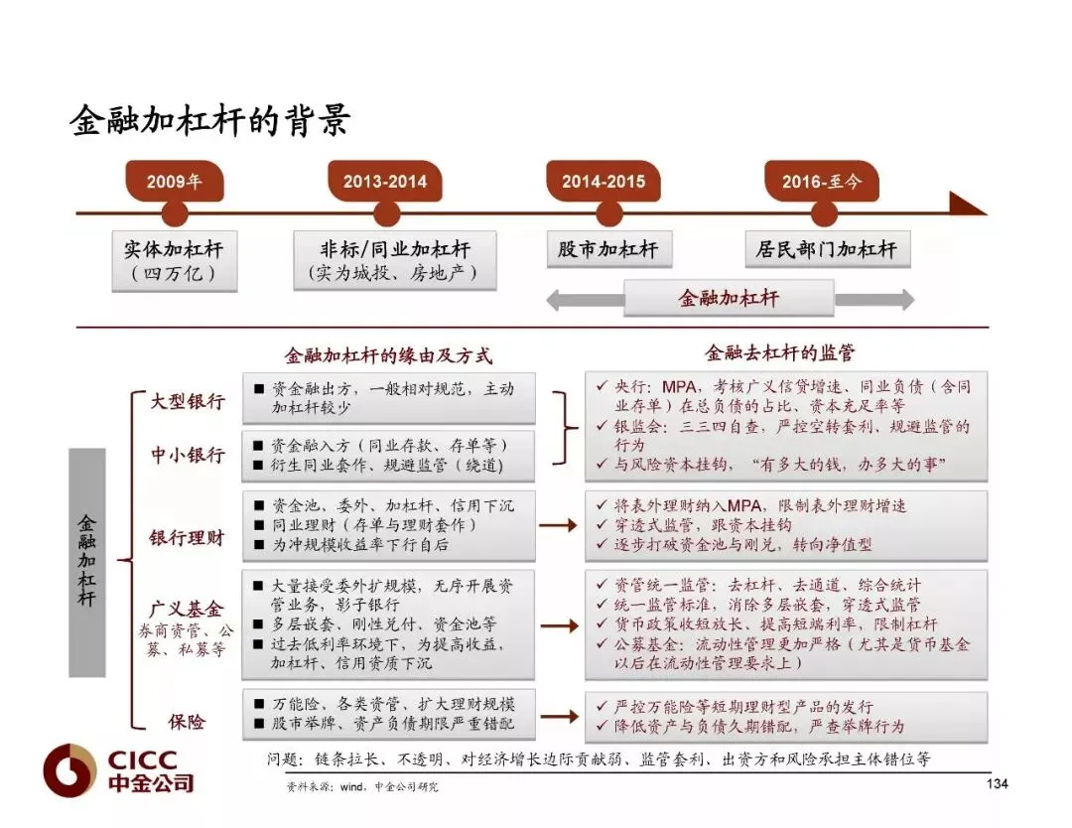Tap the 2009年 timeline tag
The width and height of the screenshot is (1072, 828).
174,182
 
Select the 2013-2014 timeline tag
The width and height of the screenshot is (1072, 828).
385,182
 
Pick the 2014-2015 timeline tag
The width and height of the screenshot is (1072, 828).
603,182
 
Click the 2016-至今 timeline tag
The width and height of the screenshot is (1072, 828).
821,182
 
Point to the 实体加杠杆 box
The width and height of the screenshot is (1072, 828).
175,260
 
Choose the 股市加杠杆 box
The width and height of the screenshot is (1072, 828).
608,249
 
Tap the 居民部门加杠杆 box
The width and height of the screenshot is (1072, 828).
827,249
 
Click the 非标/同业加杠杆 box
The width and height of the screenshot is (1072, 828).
394,260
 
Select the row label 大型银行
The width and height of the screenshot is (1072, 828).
188,402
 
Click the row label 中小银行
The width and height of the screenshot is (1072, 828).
188,455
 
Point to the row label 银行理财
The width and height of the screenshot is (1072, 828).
188,537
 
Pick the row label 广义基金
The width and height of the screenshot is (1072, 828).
188,609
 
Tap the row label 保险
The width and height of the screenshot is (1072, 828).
188,721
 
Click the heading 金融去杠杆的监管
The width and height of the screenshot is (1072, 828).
779,352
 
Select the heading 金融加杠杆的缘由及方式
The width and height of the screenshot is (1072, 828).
388,355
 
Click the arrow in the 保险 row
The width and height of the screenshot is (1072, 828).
559,716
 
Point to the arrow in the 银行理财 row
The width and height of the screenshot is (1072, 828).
559,525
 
